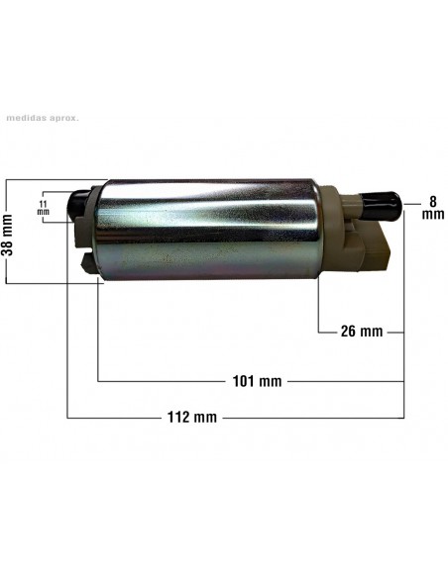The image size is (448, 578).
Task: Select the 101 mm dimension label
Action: point(257,381)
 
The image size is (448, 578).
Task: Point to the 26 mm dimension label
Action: point(361,332)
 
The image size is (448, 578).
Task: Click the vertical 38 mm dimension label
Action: point(8,233)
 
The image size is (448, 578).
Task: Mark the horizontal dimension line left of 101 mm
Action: point(164,381)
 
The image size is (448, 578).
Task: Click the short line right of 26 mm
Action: point(394,332)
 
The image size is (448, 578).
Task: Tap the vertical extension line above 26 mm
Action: point(318,307)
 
